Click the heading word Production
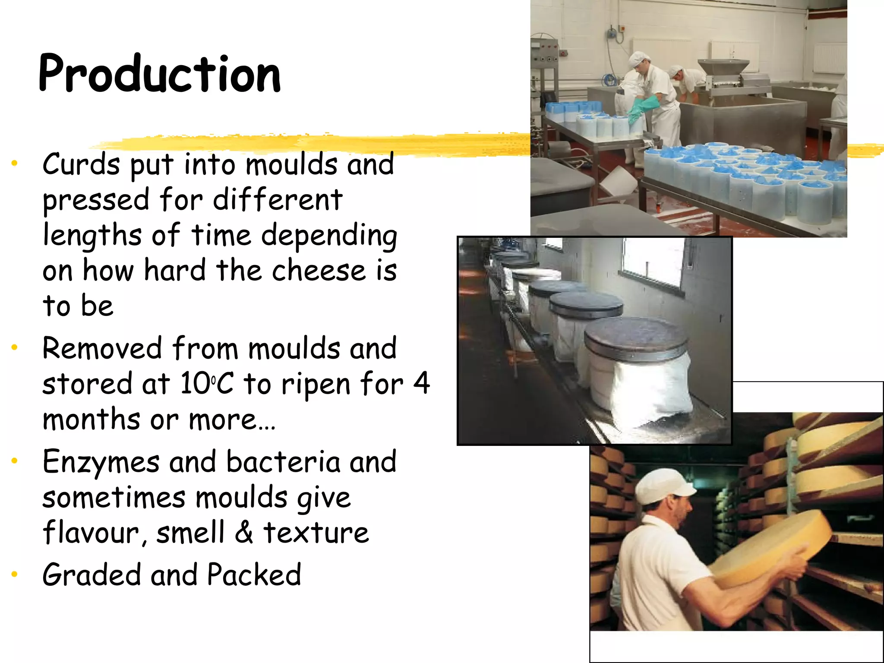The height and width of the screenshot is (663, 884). (x=160, y=74)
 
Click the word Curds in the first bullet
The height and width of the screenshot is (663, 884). (x=81, y=164)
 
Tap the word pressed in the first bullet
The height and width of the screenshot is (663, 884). (x=96, y=200)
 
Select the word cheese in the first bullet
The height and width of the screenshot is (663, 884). (x=319, y=271)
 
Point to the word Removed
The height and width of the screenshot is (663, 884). (x=102, y=348)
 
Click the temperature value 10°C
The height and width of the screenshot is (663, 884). (x=207, y=384)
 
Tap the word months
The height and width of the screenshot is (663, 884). (x=91, y=420)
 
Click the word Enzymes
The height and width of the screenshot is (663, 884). (x=101, y=462)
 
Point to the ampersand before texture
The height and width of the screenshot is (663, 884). (x=244, y=533)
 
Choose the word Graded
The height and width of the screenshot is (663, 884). (x=92, y=575)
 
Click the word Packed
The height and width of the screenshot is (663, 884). (x=254, y=575)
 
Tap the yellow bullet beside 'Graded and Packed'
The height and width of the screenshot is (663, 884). (x=15, y=575)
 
